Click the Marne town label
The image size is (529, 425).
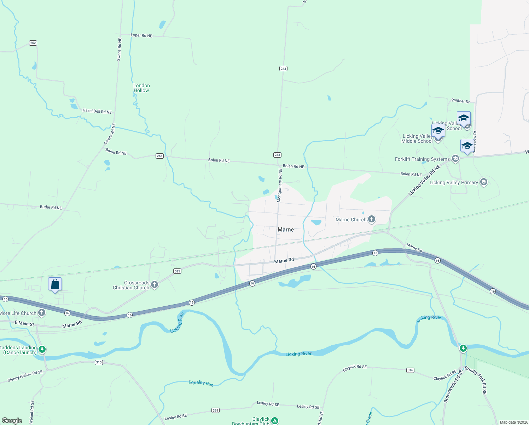tap(286, 229)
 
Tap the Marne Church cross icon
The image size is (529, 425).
tap(371, 219)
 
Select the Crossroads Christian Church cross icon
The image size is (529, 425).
tap(154, 285)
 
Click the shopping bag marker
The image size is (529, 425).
tap(55, 284)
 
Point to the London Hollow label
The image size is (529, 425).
tap(141, 88)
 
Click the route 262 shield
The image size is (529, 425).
tap(33, 43)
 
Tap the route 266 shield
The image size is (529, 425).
tap(159, 156)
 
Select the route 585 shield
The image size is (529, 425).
tap(177, 271)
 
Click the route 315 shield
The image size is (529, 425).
tap(99, 362)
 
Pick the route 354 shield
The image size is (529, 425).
tap(215, 410)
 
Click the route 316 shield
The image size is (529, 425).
tap(410, 370)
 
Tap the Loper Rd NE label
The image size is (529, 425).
tap(141, 35)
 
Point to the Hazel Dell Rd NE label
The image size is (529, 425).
tap(97, 111)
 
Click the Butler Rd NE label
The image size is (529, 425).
tap(51, 207)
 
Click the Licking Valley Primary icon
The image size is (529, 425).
tap(484, 182)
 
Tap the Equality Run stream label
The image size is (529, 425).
tap(201, 383)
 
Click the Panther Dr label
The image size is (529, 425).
tap(460, 101)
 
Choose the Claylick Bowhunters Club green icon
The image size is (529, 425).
tap(274, 421)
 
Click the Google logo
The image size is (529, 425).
tap(12, 421)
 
